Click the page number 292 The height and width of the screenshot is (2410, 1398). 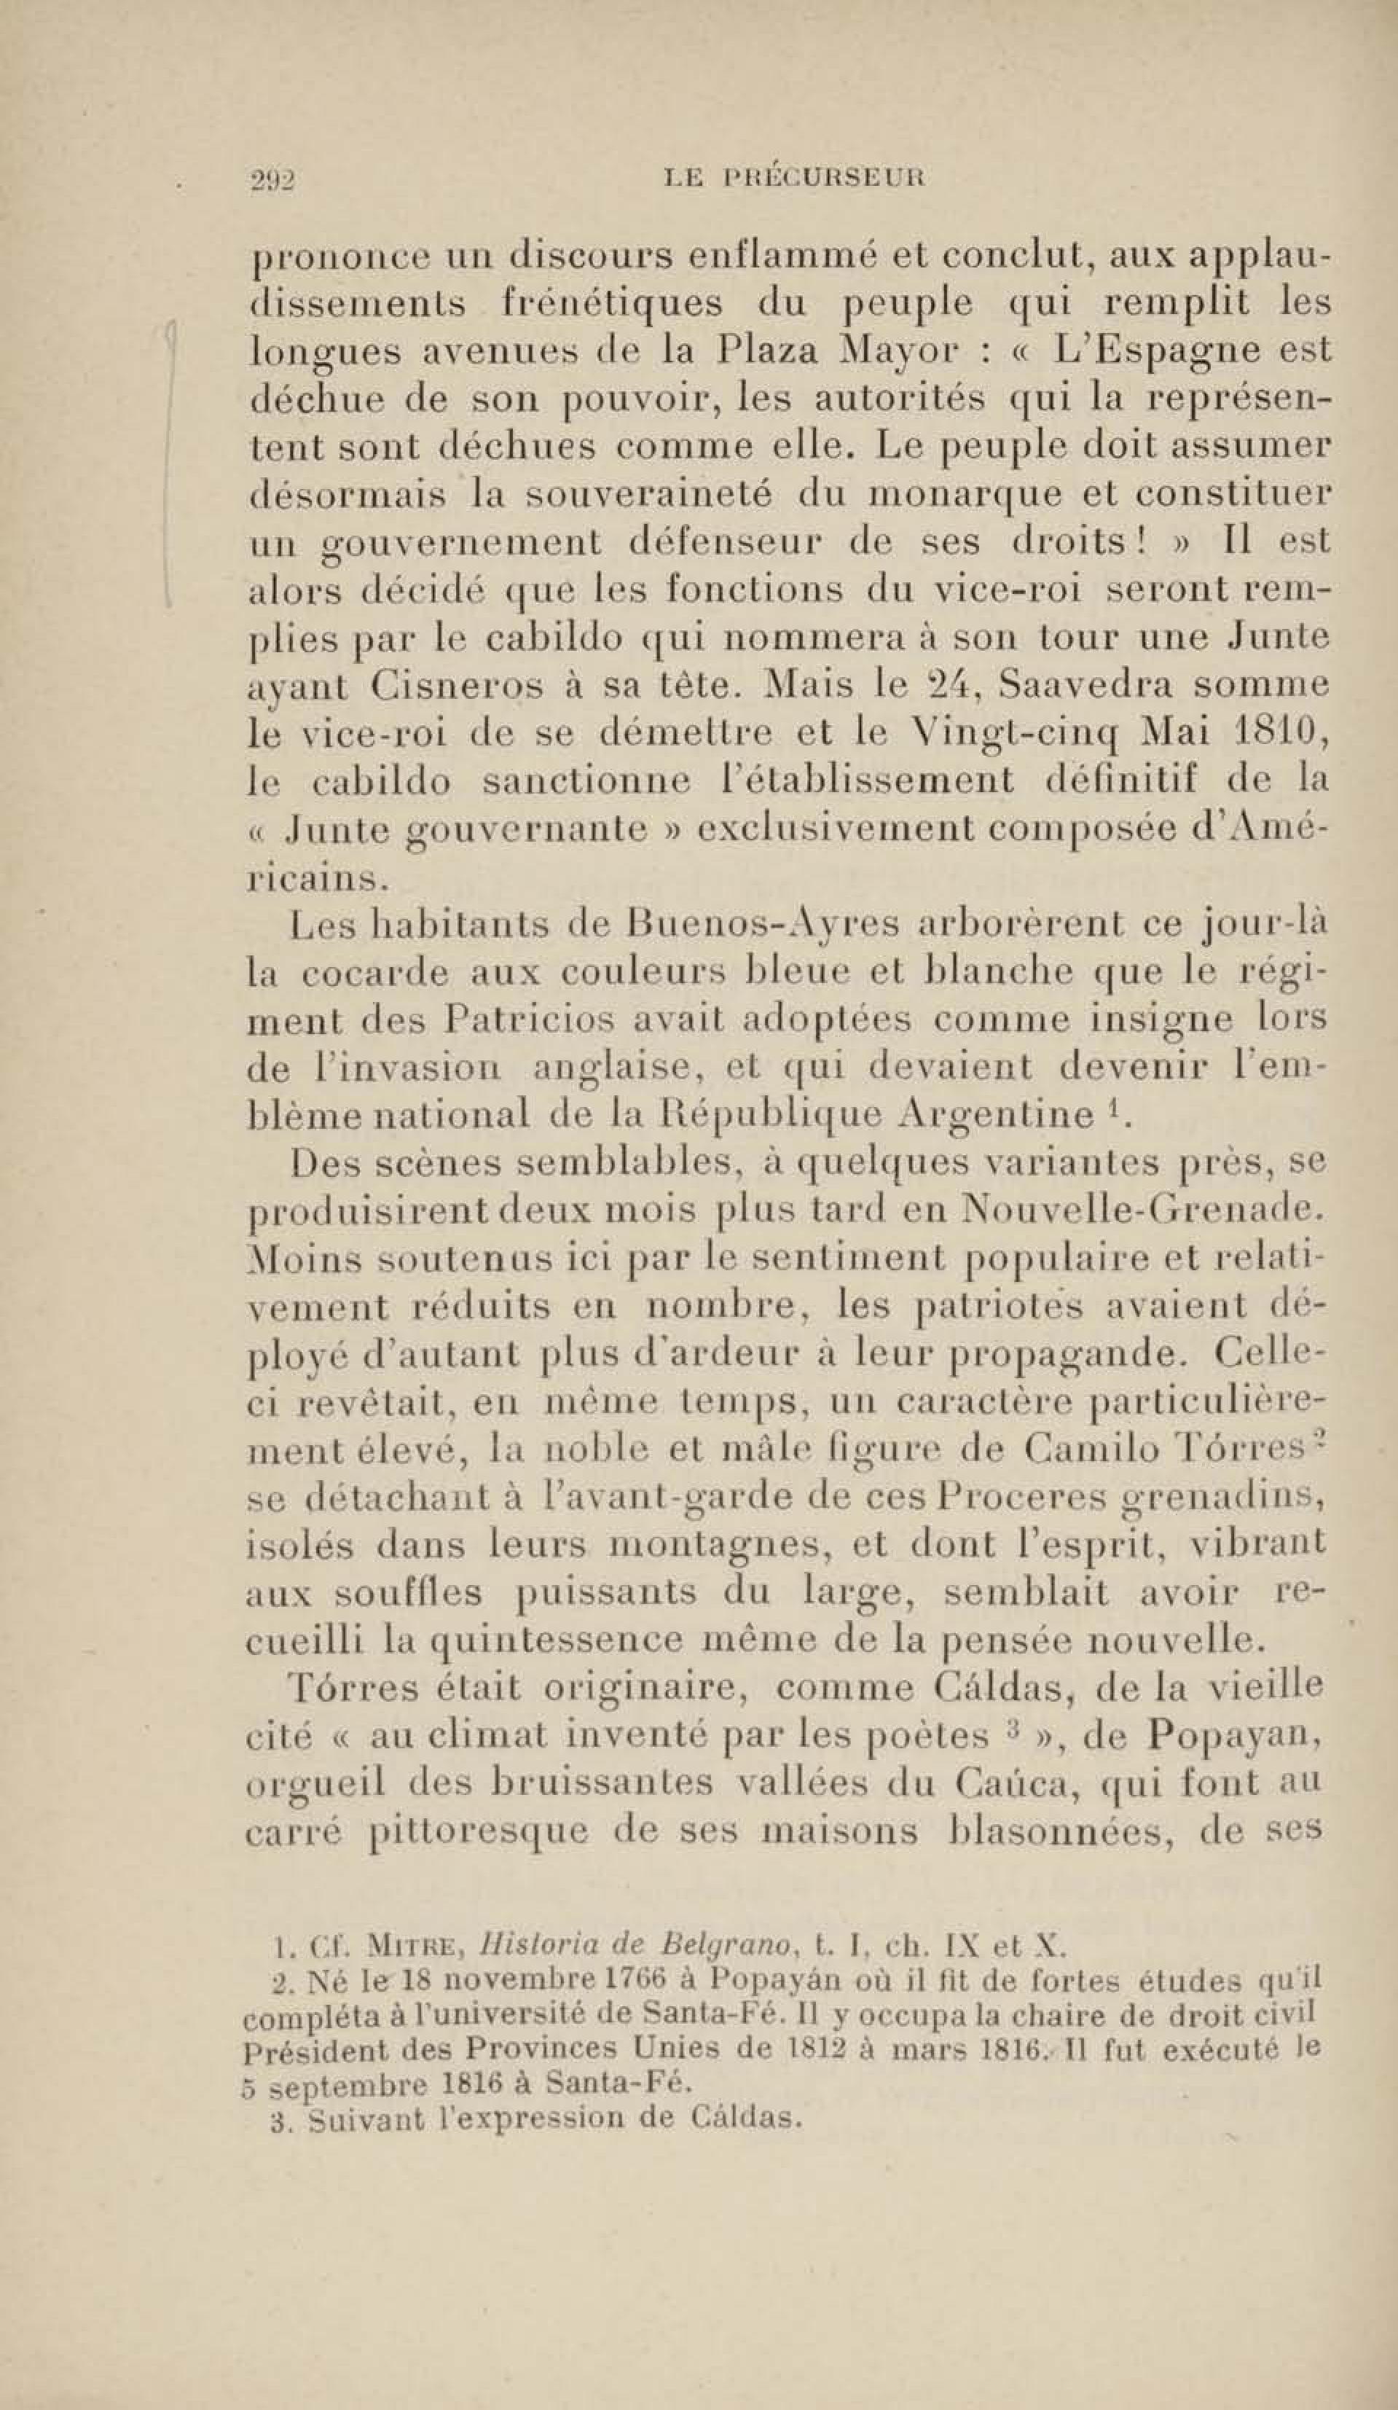272,179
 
